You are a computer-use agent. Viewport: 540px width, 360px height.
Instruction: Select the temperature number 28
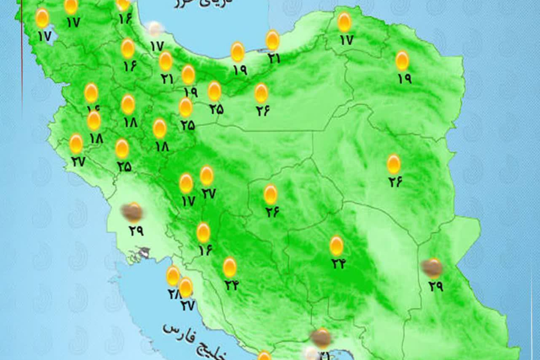(x=173, y=294)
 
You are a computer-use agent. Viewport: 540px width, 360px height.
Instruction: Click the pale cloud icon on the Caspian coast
(x=155, y=28)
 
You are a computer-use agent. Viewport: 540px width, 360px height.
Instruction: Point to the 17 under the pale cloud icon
(x=156, y=46)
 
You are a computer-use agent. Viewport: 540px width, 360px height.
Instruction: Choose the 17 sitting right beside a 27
(x=187, y=201)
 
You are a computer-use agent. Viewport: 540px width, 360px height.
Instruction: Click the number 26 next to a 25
(x=263, y=111)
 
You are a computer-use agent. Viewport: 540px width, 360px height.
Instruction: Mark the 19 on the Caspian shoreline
(x=239, y=70)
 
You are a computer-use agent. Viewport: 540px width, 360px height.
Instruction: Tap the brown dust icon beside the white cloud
(x=322, y=338)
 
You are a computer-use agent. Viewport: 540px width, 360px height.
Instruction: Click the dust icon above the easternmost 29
(x=432, y=267)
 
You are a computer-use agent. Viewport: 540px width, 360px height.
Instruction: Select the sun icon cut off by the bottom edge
(x=264, y=356)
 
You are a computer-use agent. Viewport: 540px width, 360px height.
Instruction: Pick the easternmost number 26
(x=395, y=182)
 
